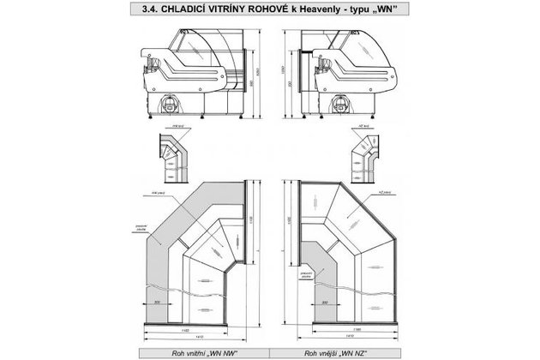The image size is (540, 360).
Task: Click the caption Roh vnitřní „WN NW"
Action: coord(186,351)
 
